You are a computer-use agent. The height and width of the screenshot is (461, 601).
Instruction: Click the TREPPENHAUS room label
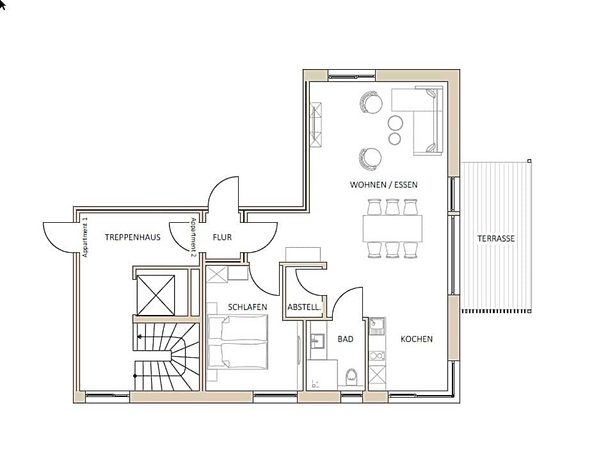click(x=132, y=238)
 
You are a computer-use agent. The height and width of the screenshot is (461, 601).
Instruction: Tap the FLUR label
click(x=222, y=238)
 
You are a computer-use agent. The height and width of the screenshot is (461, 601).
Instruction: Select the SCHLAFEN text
click(x=247, y=307)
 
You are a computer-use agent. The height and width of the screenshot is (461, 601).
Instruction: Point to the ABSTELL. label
click(x=304, y=307)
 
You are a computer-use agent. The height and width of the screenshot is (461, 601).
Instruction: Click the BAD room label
click(x=346, y=339)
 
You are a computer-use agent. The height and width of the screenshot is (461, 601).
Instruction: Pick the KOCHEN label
click(x=417, y=339)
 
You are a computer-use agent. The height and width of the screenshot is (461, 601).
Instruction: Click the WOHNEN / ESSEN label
click(x=383, y=185)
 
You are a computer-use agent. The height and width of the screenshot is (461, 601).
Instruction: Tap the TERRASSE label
click(x=496, y=239)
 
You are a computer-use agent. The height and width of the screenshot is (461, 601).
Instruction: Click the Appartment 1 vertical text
click(x=85, y=238)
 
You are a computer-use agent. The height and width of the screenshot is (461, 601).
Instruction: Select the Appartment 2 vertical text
click(x=193, y=238)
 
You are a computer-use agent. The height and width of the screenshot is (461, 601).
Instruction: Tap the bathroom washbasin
click(x=317, y=341)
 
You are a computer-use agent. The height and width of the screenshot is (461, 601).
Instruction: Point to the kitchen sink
click(x=377, y=327)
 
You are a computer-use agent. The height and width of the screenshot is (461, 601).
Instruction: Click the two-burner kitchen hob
click(x=377, y=356)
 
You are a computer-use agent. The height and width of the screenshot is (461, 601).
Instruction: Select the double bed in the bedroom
click(x=237, y=342)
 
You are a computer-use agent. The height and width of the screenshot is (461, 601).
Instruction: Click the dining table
click(x=392, y=229)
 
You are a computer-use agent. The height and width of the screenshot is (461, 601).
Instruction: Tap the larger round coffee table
click(x=395, y=123)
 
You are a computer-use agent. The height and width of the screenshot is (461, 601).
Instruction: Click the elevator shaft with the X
click(x=156, y=295)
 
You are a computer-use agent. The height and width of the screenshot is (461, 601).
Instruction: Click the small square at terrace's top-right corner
click(x=529, y=161)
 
